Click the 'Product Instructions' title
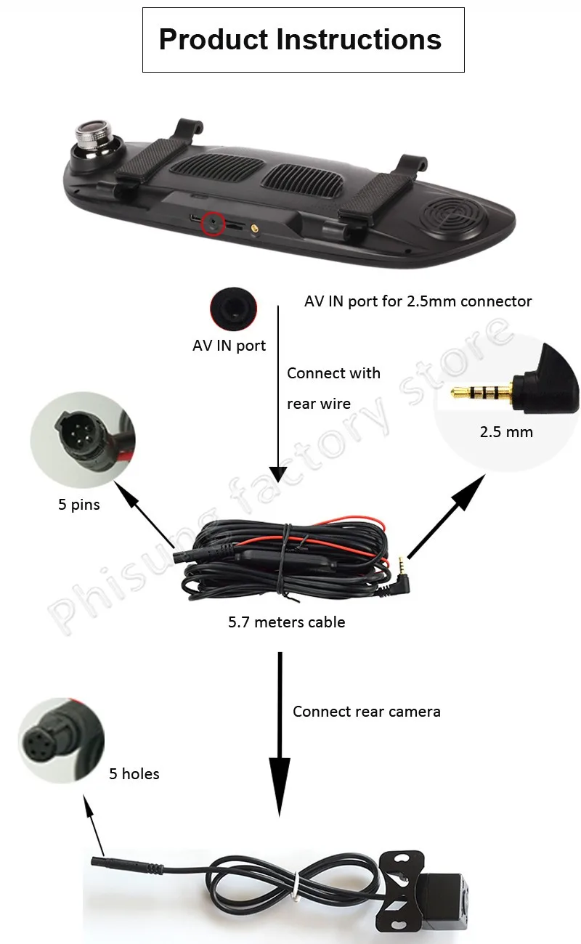click(x=300, y=39)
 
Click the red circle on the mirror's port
click(x=213, y=224)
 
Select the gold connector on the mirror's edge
click(x=254, y=229)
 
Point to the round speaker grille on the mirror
click(x=455, y=216)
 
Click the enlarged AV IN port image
click(x=233, y=309)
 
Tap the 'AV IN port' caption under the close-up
click(x=229, y=346)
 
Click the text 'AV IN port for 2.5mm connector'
click(x=418, y=301)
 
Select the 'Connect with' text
click(x=333, y=373)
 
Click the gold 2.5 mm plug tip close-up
click(x=482, y=393)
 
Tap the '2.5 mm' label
click(x=506, y=432)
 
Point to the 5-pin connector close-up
click(x=82, y=439)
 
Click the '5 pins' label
click(x=79, y=505)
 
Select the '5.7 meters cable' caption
click(x=286, y=622)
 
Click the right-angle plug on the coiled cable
click(x=399, y=581)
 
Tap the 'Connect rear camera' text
click(x=366, y=712)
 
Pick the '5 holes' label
click(x=134, y=774)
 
